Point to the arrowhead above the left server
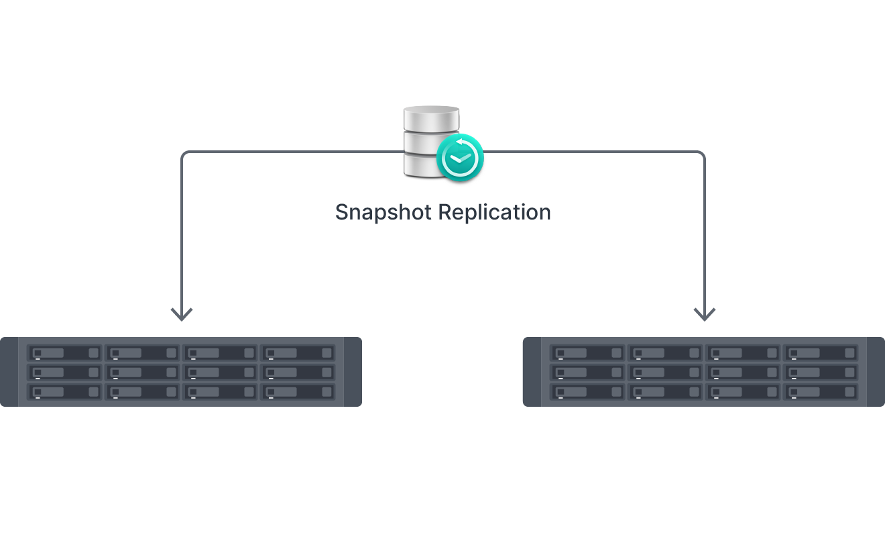(x=182, y=313)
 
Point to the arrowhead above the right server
(x=704, y=313)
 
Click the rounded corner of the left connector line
(x=185, y=155)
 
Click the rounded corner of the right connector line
(x=701, y=155)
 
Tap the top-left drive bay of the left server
(x=65, y=353)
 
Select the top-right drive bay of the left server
(x=297, y=353)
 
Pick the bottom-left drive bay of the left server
(x=65, y=391)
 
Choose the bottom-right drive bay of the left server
(x=297, y=391)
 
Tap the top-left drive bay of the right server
(x=587, y=353)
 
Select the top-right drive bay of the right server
(x=820, y=353)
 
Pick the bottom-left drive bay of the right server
(x=587, y=391)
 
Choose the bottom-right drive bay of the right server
(x=820, y=391)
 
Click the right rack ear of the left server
(x=353, y=372)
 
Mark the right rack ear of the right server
(x=876, y=372)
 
